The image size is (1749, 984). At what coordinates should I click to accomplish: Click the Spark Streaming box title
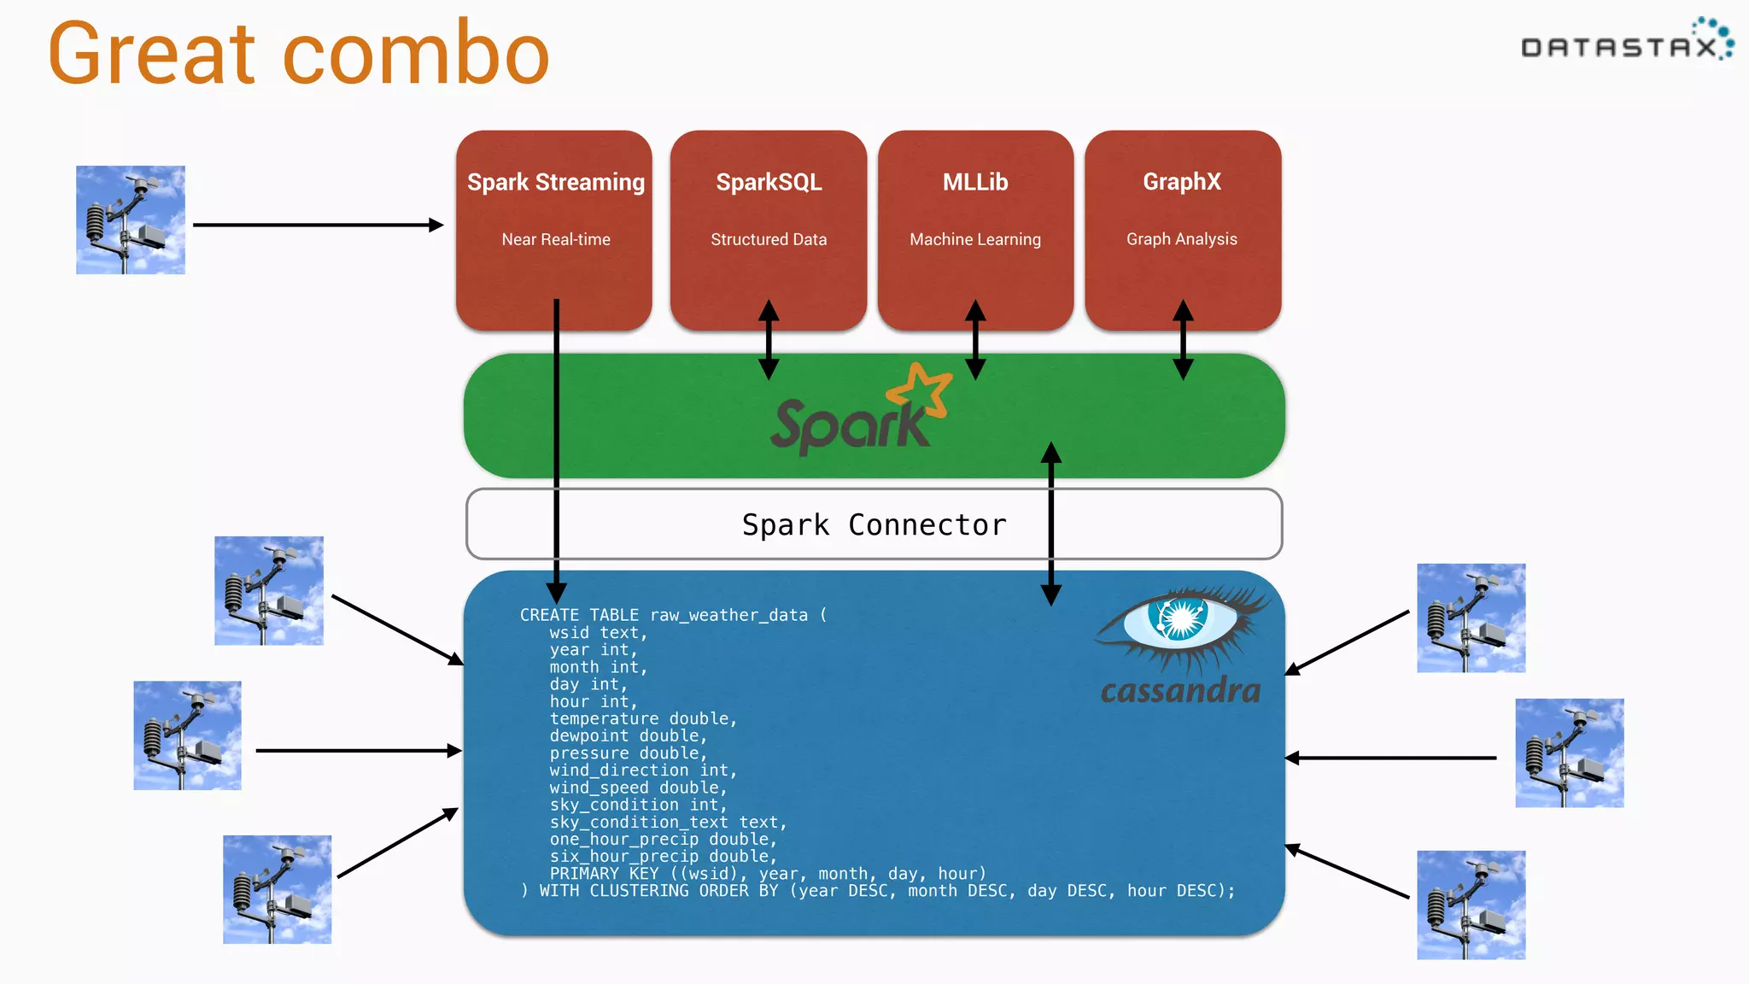click(555, 182)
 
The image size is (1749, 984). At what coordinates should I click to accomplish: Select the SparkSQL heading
click(769, 182)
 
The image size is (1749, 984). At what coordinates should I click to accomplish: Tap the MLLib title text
click(975, 182)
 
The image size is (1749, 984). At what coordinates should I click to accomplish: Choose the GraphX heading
click(1182, 182)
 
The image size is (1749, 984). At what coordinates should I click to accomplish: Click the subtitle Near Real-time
click(556, 240)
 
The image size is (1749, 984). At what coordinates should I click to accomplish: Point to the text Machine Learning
click(975, 240)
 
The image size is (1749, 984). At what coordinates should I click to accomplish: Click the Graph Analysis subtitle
click(1181, 239)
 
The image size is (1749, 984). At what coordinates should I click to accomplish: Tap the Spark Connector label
click(874, 524)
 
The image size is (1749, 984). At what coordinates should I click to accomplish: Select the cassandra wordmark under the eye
click(1180, 690)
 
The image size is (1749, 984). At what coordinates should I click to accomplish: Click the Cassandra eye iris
click(1179, 618)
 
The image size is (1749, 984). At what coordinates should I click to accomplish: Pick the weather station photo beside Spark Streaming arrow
click(131, 220)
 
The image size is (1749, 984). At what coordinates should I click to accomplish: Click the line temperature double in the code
click(643, 718)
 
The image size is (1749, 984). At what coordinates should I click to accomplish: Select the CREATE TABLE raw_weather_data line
click(673, 615)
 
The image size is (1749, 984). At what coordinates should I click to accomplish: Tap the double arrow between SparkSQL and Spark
click(769, 340)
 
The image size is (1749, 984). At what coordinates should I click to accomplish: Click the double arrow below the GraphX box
click(1183, 340)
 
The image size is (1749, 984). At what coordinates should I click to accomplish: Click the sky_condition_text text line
click(667, 822)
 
